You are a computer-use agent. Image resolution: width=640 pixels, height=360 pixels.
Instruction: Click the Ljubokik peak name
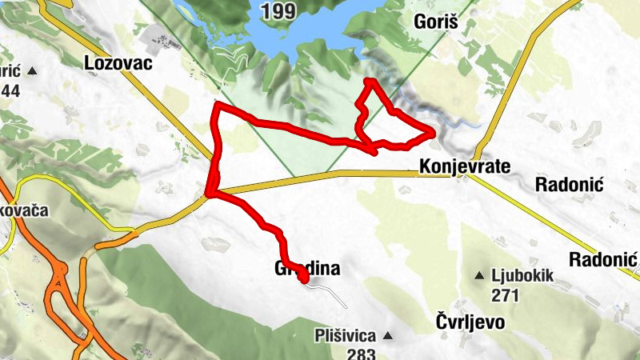(x=523, y=275)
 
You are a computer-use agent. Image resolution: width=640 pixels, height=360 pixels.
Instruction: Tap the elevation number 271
(x=506, y=295)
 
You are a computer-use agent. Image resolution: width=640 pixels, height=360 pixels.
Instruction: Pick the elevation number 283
(x=361, y=353)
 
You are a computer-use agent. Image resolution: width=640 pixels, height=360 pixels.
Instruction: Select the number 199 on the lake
(x=278, y=10)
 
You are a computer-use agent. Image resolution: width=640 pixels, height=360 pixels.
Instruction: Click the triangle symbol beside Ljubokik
(x=480, y=276)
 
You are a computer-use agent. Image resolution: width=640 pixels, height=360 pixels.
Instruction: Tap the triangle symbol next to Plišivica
(x=388, y=335)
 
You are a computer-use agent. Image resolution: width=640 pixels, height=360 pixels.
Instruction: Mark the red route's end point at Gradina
(x=304, y=278)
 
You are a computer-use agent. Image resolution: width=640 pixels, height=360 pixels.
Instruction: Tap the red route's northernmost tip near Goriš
(x=368, y=82)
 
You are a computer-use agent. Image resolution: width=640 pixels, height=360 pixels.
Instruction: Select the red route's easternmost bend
(x=433, y=132)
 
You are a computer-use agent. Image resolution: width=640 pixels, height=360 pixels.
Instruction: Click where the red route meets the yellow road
(x=210, y=193)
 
